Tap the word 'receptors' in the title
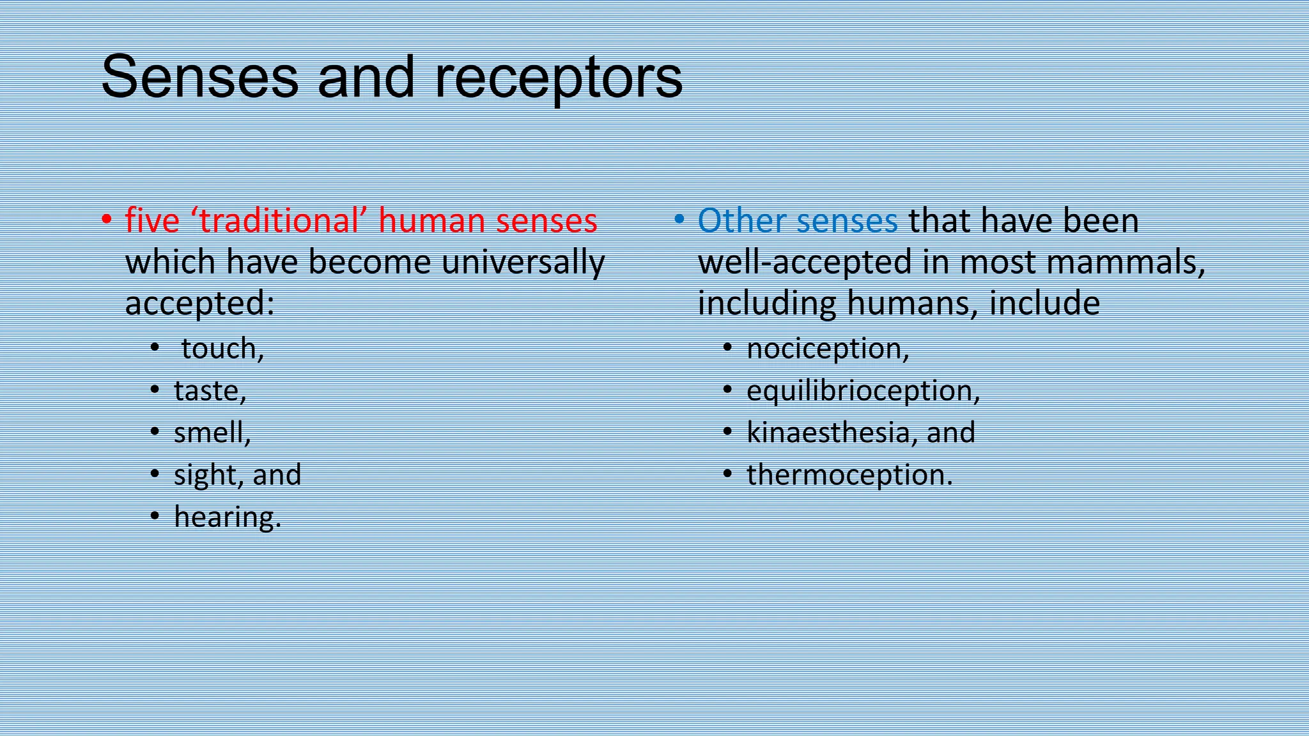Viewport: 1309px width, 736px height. [558, 78]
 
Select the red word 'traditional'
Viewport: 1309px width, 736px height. [278, 220]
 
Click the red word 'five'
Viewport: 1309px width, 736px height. [152, 220]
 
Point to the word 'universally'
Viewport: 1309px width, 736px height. [523, 262]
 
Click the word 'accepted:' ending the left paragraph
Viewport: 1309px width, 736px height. [199, 303]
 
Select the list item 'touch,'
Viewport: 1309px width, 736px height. [222, 348]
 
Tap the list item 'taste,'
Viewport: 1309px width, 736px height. [210, 390]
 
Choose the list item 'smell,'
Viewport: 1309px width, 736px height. [212, 433]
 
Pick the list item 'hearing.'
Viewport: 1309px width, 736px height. [228, 517]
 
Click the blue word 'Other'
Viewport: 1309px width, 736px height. [741, 220]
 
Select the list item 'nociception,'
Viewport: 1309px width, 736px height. [828, 348]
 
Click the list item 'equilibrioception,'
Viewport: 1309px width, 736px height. [863, 390]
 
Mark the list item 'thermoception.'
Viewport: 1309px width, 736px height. [849, 475]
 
